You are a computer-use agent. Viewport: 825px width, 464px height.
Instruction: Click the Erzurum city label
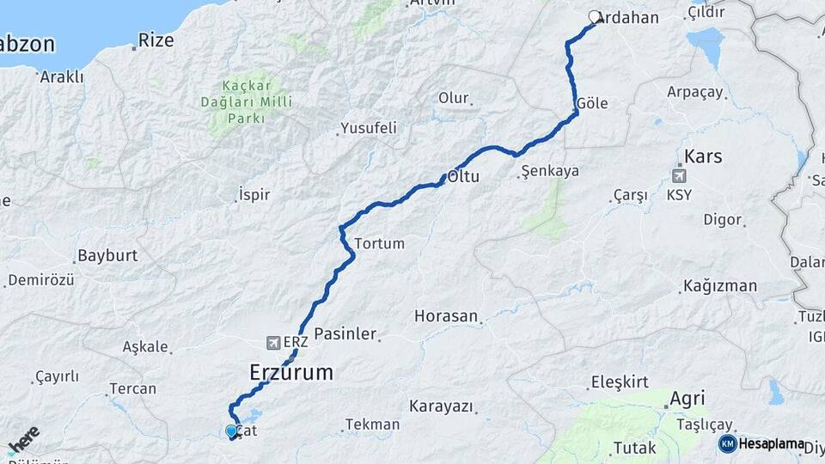(x=290, y=372)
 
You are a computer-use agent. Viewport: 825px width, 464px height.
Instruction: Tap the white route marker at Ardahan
(x=595, y=16)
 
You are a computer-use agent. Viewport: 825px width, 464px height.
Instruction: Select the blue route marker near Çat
(x=231, y=431)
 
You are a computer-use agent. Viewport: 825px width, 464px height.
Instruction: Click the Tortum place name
(x=379, y=243)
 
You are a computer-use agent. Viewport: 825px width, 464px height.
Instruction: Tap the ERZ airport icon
(x=274, y=342)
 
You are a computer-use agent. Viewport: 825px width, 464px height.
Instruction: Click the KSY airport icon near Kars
(x=679, y=175)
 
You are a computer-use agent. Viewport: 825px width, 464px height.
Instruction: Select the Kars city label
(x=703, y=157)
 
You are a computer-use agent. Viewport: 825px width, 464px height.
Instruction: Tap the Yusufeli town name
(x=369, y=128)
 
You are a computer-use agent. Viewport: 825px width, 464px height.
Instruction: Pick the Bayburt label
(x=107, y=255)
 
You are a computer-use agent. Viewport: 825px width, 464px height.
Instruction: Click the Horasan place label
(x=445, y=316)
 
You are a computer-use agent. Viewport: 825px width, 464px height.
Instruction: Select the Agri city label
(x=687, y=398)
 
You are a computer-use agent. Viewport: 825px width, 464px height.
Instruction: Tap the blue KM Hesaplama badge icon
(x=727, y=443)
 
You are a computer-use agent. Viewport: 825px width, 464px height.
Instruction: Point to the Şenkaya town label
(x=550, y=171)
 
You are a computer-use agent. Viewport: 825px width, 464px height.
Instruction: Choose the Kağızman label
(x=720, y=286)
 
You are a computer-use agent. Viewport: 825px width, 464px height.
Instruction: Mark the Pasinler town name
(x=345, y=333)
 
